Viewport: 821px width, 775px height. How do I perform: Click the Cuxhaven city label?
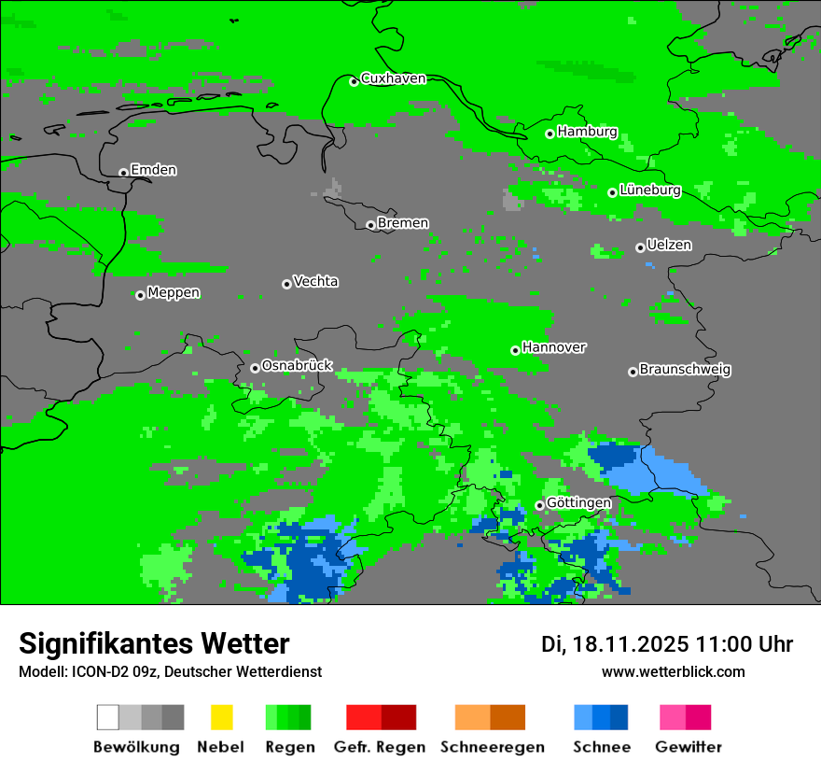[x=393, y=78]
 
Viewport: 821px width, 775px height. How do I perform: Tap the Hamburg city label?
[x=587, y=132]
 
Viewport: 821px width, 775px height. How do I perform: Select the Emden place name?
[x=153, y=170]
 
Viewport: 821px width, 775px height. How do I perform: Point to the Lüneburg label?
[x=649, y=190]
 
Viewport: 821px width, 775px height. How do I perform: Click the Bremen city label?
[x=403, y=223]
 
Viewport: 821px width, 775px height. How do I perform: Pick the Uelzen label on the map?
[x=669, y=246]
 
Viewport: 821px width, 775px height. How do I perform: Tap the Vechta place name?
[x=315, y=281]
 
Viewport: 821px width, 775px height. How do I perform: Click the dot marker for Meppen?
[x=140, y=295]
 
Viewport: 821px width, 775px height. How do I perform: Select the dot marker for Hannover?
[x=515, y=350]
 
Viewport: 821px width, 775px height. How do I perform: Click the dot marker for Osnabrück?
[x=255, y=368]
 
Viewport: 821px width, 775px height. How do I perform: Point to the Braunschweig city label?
[x=685, y=370]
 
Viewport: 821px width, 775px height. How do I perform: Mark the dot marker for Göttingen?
[x=539, y=505]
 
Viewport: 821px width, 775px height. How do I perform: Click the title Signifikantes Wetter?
[x=154, y=643]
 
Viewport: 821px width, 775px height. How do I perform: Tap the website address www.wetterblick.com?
[x=673, y=672]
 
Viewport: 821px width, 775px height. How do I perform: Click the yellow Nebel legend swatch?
[x=221, y=717]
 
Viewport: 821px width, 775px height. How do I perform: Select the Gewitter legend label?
[x=689, y=747]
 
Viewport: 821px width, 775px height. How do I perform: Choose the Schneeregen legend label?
[x=493, y=747]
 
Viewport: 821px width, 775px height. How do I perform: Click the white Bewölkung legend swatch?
[x=107, y=717]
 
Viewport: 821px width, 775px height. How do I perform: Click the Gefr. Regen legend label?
[x=380, y=747]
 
